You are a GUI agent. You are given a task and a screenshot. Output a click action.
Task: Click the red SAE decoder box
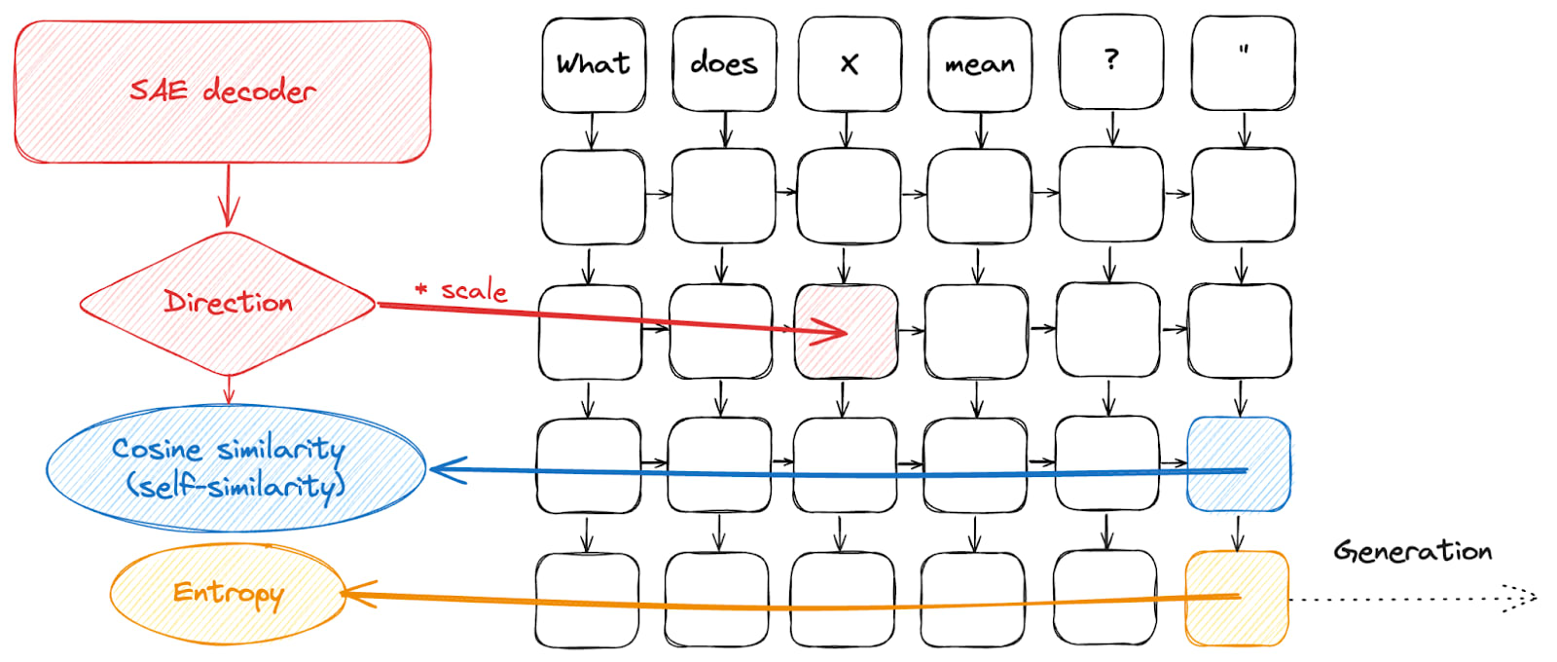(x=223, y=92)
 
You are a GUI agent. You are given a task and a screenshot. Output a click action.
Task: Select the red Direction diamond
(x=228, y=304)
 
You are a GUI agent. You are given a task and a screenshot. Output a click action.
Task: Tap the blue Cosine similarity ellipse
(x=236, y=468)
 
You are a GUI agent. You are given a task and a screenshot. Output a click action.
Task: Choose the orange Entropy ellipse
(x=228, y=594)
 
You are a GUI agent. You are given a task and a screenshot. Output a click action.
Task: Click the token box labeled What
(x=594, y=64)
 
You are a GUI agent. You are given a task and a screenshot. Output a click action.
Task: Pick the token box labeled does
(x=724, y=64)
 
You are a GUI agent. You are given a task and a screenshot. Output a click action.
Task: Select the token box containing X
(x=850, y=64)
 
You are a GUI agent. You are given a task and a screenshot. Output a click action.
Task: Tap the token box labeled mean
(x=980, y=64)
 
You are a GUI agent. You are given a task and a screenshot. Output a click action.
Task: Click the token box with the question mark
(x=1111, y=62)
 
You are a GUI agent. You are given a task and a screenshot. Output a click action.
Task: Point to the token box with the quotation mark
(x=1243, y=62)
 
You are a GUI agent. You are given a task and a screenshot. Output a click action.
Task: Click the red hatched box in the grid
(x=847, y=332)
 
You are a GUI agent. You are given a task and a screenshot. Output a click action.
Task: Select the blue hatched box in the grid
(x=1239, y=463)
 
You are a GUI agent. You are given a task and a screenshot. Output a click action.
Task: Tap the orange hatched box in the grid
(x=1237, y=598)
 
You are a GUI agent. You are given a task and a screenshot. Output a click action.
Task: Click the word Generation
(x=1412, y=551)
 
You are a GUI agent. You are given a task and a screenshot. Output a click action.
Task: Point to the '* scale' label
(x=461, y=289)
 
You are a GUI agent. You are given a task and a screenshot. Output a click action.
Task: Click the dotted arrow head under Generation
(x=1522, y=598)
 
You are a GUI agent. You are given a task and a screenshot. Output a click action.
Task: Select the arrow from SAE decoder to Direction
(x=229, y=196)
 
